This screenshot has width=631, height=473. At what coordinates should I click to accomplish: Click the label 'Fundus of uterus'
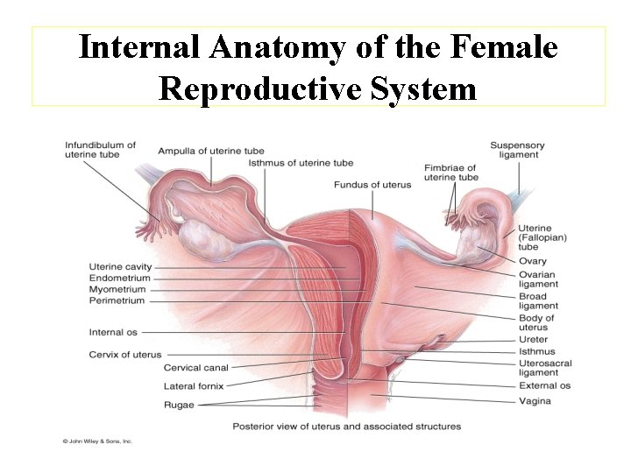coord(372,184)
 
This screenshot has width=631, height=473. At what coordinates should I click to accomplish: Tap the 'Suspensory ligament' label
coord(517,150)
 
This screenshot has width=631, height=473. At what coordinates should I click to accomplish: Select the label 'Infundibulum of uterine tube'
coord(100,150)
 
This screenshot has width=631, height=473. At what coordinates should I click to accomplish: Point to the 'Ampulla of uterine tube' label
coord(211,151)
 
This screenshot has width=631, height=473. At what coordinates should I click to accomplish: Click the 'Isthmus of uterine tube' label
coord(301,162)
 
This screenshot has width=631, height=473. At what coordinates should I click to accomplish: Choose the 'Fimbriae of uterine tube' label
coord(450,172)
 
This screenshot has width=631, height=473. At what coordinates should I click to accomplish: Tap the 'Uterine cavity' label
coord(120,266)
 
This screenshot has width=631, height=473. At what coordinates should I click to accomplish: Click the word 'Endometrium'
coord(119,278)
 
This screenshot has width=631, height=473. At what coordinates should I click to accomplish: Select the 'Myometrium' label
coord(117,289)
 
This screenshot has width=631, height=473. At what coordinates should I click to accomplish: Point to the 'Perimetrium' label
coord(117,300)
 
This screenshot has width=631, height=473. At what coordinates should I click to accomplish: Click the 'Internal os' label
coord(113,332)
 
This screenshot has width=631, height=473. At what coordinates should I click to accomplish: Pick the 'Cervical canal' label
coord(195,368)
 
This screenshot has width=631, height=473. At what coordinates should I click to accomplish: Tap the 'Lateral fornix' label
coord(193,385)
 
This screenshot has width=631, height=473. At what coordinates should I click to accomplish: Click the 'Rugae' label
coord(179,405)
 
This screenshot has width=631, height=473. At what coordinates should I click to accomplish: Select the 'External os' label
coord(544,385)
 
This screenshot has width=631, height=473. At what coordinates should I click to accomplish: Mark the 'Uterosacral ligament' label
coord(544,368)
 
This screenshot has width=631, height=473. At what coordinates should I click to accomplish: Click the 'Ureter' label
coord(533,339)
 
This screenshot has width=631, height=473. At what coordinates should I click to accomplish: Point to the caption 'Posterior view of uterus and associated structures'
coord(346,427)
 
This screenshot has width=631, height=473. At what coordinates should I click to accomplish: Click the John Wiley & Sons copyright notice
coord(96,441)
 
